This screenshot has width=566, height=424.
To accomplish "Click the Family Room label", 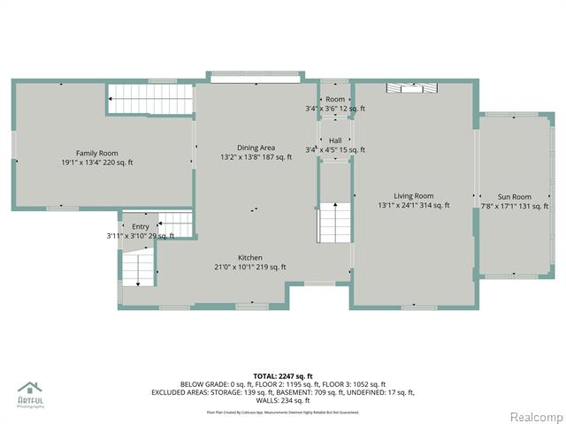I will (96, 153).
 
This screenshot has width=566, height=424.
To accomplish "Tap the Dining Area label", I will (256, 148).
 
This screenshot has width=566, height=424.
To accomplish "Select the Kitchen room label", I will (249, 257).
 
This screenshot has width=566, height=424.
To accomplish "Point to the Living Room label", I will (413, 195).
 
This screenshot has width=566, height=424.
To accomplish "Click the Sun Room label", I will (514, 196).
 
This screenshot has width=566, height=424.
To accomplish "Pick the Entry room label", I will (141, 226).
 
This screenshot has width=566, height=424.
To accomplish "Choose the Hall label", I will (335, 140).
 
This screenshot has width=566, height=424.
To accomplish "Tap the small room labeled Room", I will (335, 99).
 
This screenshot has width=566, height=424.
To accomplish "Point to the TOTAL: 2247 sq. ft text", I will (283, 375).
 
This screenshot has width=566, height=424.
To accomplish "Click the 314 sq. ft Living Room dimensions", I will (413, 205).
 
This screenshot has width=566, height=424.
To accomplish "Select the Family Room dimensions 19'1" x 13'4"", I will (96, 163).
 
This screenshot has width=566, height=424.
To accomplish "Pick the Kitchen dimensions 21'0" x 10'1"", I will (249, 267).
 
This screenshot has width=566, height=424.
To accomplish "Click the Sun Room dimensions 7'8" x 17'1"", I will (514, 206).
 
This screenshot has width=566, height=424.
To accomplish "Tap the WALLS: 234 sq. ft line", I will (283, 399).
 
